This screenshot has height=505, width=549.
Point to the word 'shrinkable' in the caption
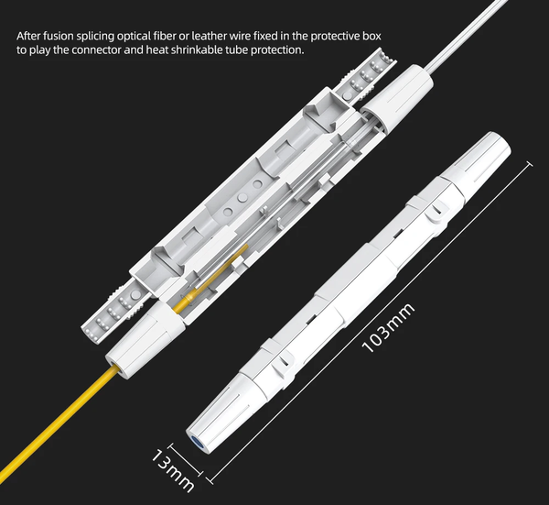[x=197, y=49]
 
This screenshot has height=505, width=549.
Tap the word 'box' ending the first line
[x=373, y=36]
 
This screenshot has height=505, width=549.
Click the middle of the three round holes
[x=242, y=198]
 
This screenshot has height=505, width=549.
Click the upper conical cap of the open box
[x=396, y=99]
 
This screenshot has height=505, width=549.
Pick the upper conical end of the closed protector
[x=476, y=161]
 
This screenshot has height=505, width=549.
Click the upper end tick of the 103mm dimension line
[x=530, y=164]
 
